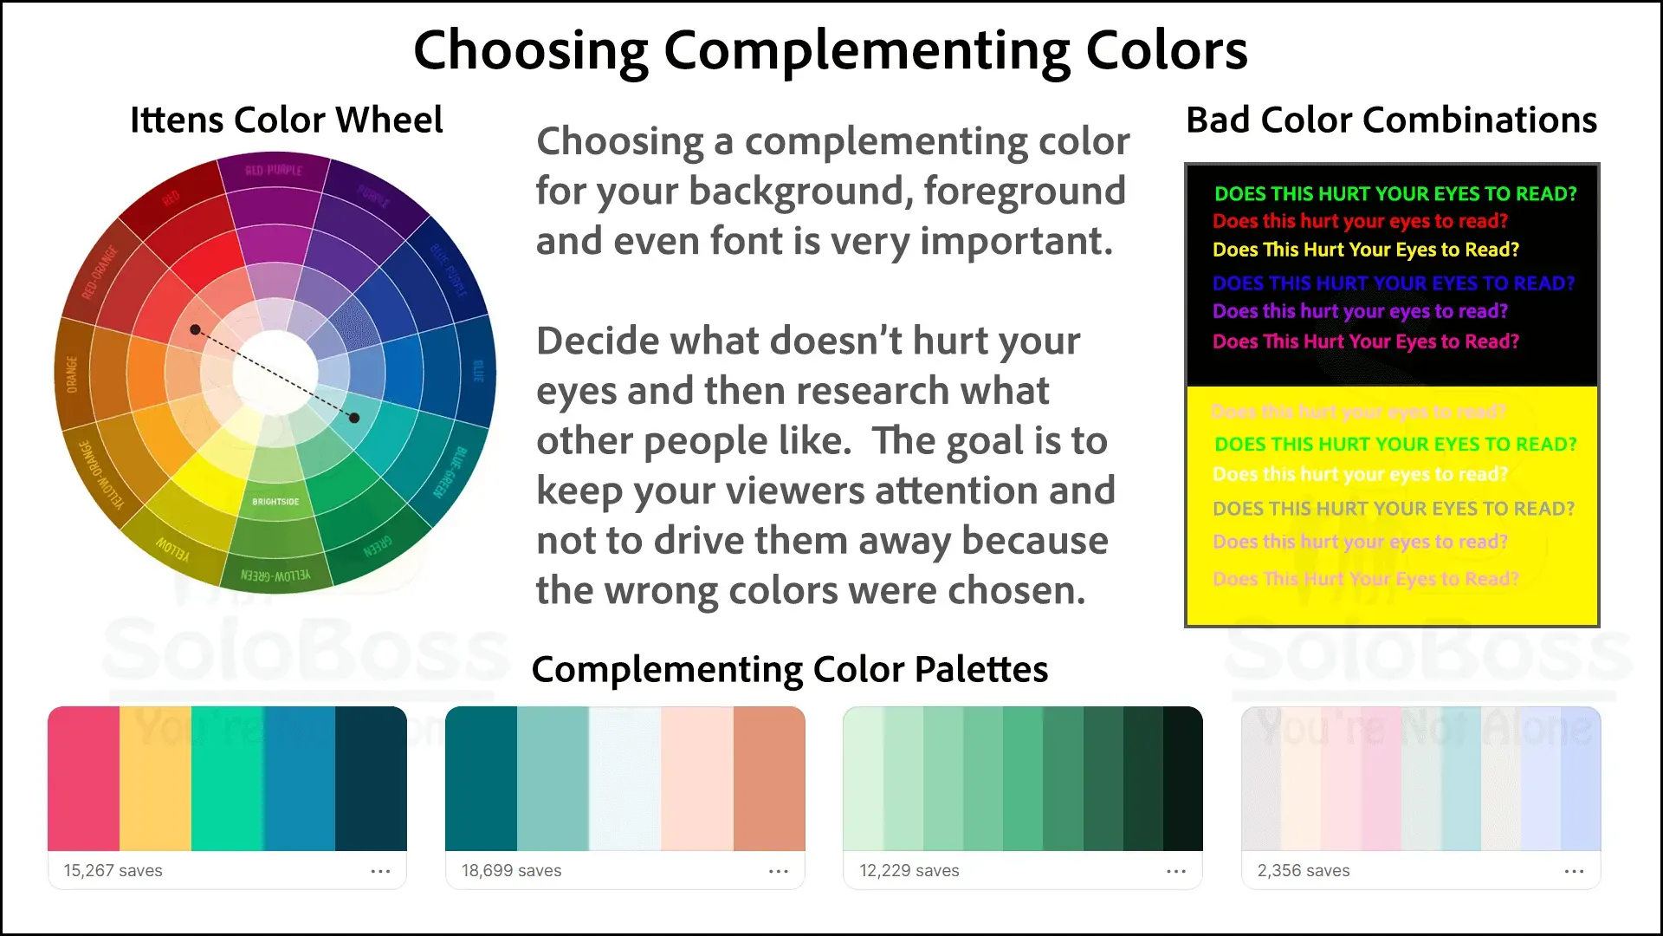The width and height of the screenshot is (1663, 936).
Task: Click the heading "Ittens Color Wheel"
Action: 286,120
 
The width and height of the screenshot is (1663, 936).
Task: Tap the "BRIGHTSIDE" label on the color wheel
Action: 275,502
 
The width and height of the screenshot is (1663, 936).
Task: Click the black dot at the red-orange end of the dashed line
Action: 196,329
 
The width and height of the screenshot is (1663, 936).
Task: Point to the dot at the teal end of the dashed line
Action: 354,419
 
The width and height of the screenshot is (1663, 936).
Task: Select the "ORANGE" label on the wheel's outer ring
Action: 72,374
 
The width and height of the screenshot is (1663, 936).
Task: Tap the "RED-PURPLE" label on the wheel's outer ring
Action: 274,170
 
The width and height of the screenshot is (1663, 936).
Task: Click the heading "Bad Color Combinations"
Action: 1391,120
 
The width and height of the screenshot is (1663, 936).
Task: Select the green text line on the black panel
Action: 1395,193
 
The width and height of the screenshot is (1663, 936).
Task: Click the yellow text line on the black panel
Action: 1365,250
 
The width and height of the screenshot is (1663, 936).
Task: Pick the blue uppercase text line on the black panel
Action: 1393,283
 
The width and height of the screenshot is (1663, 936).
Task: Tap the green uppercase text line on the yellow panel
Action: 1395,444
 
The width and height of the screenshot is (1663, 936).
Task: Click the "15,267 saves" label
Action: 113,870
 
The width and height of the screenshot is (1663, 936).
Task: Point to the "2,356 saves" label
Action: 1304,870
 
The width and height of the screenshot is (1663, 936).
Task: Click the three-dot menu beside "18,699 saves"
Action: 779,871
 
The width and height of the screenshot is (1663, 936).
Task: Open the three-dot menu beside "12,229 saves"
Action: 1176,871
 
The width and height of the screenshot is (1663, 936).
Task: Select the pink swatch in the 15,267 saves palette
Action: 83,778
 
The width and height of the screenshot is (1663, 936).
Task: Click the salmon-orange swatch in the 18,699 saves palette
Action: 769,778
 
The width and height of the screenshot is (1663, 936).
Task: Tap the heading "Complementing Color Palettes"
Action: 789,669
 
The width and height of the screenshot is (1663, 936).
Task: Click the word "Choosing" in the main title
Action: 530,50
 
